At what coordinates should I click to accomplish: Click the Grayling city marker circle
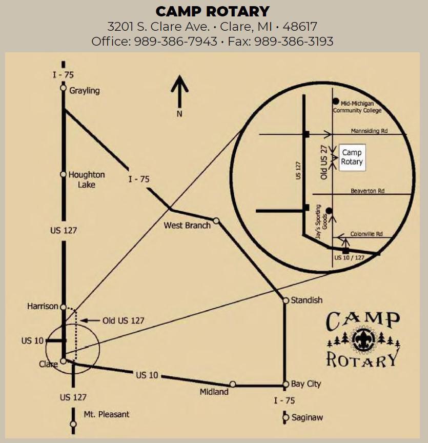(63, 88)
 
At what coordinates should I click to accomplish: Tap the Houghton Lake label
(87, 179)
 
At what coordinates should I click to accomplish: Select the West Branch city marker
(216, 220)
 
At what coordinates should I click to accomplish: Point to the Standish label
(307, 300)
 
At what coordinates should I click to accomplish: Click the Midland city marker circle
(233, 384)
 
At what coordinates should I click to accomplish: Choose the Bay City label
(306, 384)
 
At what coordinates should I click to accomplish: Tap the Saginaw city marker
(286, 417)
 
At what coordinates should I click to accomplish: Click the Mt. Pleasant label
(107, 414)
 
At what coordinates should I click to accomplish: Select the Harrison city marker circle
(63, 307)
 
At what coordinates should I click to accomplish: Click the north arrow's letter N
(179, 114)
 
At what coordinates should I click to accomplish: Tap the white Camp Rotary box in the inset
(352, 157)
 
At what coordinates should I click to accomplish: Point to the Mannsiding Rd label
(369, 131)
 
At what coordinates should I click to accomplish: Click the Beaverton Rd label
(368, 191)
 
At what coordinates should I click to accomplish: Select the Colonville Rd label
(366, 234)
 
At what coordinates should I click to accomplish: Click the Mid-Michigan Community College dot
(336, 101)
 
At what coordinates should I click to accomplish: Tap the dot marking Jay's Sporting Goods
(329, 211)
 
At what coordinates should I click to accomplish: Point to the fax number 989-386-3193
(294, 41)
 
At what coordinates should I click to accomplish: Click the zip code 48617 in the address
(300, 27)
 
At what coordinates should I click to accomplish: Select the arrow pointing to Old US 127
(90, 320)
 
